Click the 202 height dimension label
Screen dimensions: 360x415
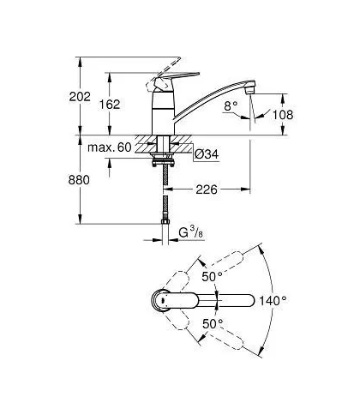(x=80, y=97)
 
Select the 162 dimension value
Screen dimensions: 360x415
(x=110, y=105)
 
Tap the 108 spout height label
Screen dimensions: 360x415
(x=283, y=115)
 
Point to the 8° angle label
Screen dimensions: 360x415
(x=231, y=106)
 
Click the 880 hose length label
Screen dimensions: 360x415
(x=79, y=180)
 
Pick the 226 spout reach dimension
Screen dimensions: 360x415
(x=207, y=189)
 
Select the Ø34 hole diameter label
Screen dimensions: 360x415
(x=207, y=154)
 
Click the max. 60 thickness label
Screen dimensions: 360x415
(x=110, y=147)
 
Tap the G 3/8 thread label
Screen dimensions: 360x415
(x=191, y=232)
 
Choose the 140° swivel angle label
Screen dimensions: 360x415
(x=273, y=300)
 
